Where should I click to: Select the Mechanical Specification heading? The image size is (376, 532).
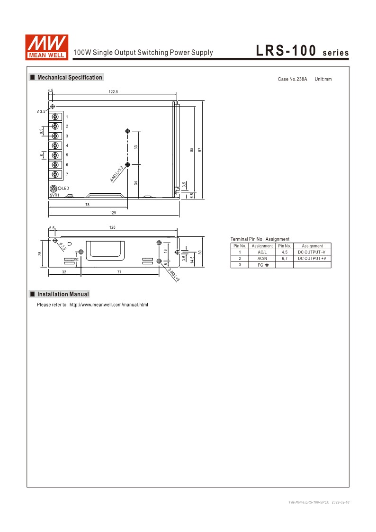pos(69,77)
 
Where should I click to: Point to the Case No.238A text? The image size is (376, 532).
pos(292,79)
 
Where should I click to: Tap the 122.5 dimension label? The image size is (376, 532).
pos(113,91)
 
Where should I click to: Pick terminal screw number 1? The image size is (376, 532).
pos(55,117)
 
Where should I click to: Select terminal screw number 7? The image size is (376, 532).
pos(55,174)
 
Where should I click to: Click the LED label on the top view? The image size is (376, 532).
pos(66,189)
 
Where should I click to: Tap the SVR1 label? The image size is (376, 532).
pos(54,195)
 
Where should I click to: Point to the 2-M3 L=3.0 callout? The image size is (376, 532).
pos(116,174)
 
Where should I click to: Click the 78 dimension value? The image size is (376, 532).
pos(88,205)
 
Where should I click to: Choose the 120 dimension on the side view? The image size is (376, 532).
pos(112,227)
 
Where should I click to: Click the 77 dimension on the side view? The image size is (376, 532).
pos(119,272)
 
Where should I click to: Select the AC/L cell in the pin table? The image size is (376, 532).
pos(262,252)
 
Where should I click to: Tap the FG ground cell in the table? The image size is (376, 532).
pos(262,265)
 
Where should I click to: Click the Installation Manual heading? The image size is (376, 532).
pos(63,294)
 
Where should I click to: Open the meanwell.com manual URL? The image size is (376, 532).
pos(108,304)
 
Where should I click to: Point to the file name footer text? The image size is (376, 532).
pos(322,501)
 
